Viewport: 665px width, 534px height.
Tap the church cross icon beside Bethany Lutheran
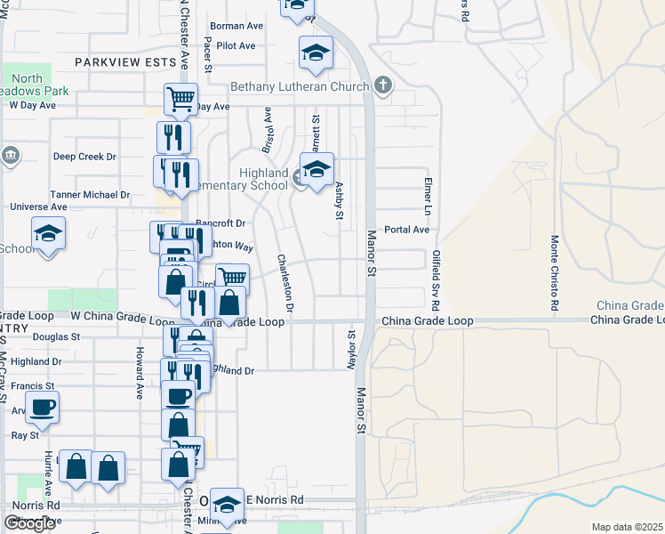pos(383,86)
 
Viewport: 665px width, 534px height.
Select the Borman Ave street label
pos(236,26)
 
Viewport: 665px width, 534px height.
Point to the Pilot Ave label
pos(236,45)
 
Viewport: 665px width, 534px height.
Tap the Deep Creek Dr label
pos(84,157)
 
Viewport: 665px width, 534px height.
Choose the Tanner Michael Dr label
pos(92,194)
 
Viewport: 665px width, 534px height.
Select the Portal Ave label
pos(406,229)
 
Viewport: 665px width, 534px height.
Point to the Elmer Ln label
pos(427,196)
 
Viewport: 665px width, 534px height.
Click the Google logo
pos(28,522)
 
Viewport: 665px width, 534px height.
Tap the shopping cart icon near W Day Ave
pos(180,98)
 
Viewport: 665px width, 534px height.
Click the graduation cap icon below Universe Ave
pos(48,234)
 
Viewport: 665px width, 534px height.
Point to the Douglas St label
pos(56,337)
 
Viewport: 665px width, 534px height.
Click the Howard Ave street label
pos(140,373)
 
